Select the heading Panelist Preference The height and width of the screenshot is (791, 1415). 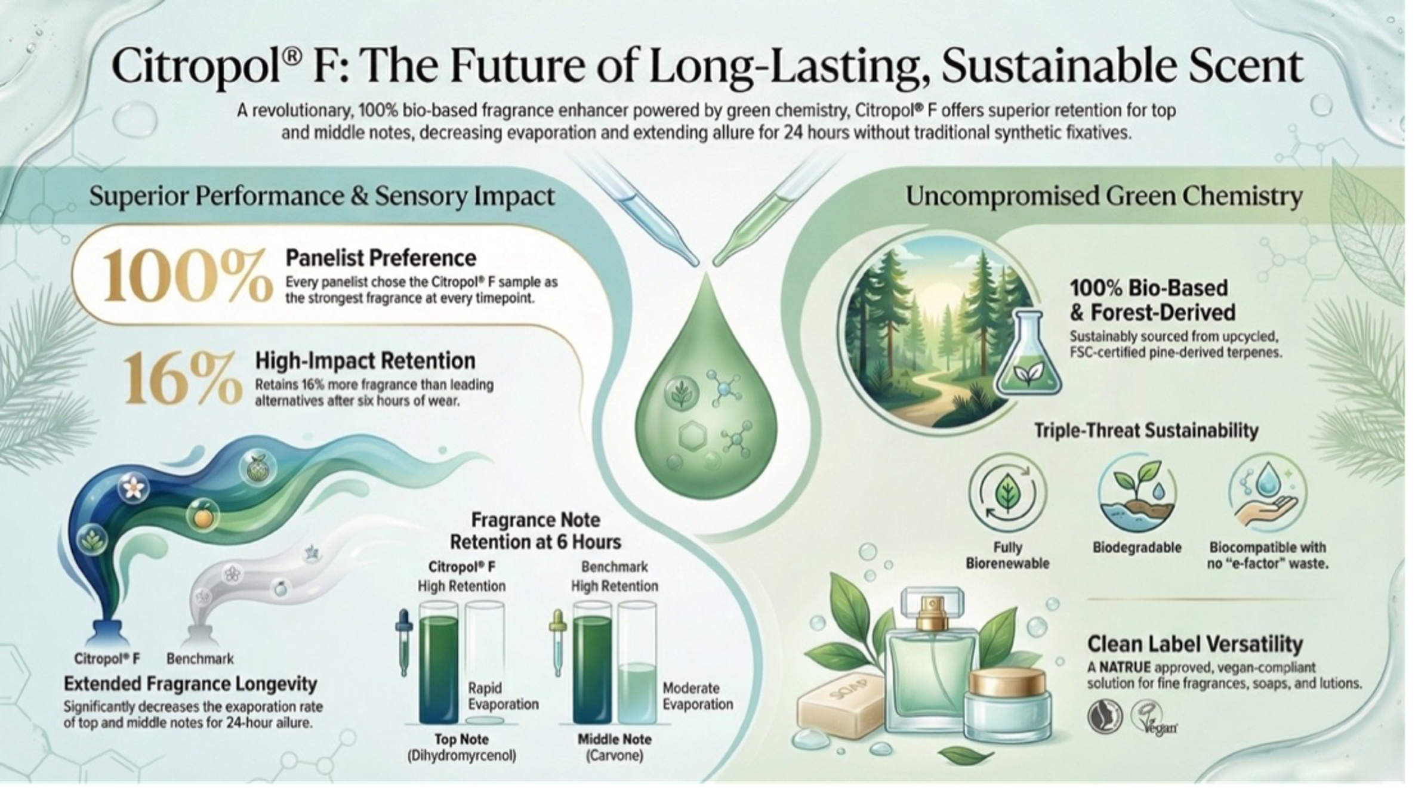(x=381, y=258)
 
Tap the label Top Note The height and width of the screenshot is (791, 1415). (x=461, y=739)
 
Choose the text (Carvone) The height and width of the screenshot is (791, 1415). (x=615, y=756)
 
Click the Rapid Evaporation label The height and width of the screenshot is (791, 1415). (x=503, y=696)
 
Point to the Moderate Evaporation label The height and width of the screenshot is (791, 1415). (x=698, y=696)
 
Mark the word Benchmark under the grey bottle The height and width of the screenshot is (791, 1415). (x=200, y=659)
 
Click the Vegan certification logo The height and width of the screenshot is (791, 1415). (x=1153, y=718)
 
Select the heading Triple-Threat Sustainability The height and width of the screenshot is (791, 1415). (x=1146, y=431)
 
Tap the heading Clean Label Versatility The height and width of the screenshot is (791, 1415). (x=1195, y=644)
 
